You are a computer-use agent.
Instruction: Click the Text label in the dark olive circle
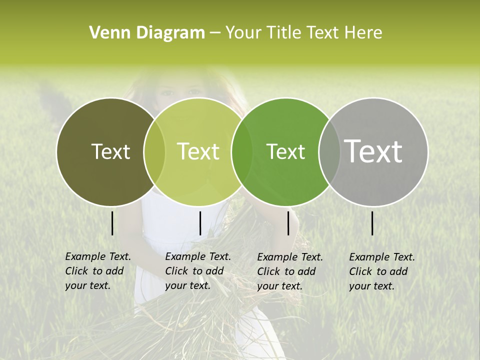tap(110, 151)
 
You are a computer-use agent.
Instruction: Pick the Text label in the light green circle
tap(198, 151)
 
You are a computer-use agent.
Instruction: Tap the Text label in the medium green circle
tap(285, 151)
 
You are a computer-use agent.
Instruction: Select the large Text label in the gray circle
tap(373, 151)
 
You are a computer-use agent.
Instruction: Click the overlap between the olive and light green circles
tap(154, 152)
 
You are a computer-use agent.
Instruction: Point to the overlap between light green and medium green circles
tap(242, 152)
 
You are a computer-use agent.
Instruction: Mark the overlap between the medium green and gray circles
tap(329, 152)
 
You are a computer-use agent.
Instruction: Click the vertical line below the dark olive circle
tap(112, 223)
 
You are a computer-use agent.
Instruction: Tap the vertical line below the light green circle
tap(200, 223)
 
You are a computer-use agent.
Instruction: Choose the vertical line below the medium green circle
tap(288, 223)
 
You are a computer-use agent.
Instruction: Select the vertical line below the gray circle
tap(372, 223)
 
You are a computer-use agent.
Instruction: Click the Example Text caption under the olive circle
tap(98, 271)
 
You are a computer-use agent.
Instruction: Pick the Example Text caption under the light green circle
tap(198, 271)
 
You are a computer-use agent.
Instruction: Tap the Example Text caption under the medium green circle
tap(290, 271)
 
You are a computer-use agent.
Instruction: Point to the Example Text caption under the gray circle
tap(382, 271)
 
